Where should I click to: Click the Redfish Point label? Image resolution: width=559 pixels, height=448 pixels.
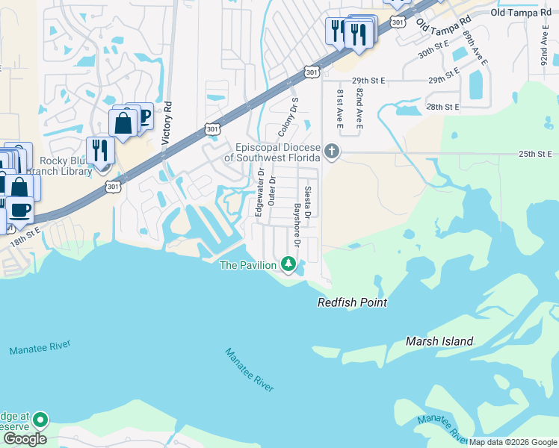(x=352, y=302)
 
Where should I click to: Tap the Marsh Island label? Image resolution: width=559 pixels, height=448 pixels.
(x=439, y=341)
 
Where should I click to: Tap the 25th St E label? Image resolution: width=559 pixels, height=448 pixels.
(x=535, y=154)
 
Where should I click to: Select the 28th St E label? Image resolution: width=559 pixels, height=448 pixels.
(x=442, y=107)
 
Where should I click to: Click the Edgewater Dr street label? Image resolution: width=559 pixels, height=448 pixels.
(x=259, y=192)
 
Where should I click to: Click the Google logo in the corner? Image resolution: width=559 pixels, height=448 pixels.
(x=24, y=439)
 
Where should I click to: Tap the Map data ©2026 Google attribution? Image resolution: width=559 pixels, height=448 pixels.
(x=513, y=442)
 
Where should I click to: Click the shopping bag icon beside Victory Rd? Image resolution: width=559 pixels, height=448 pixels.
(x=123, y=122)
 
